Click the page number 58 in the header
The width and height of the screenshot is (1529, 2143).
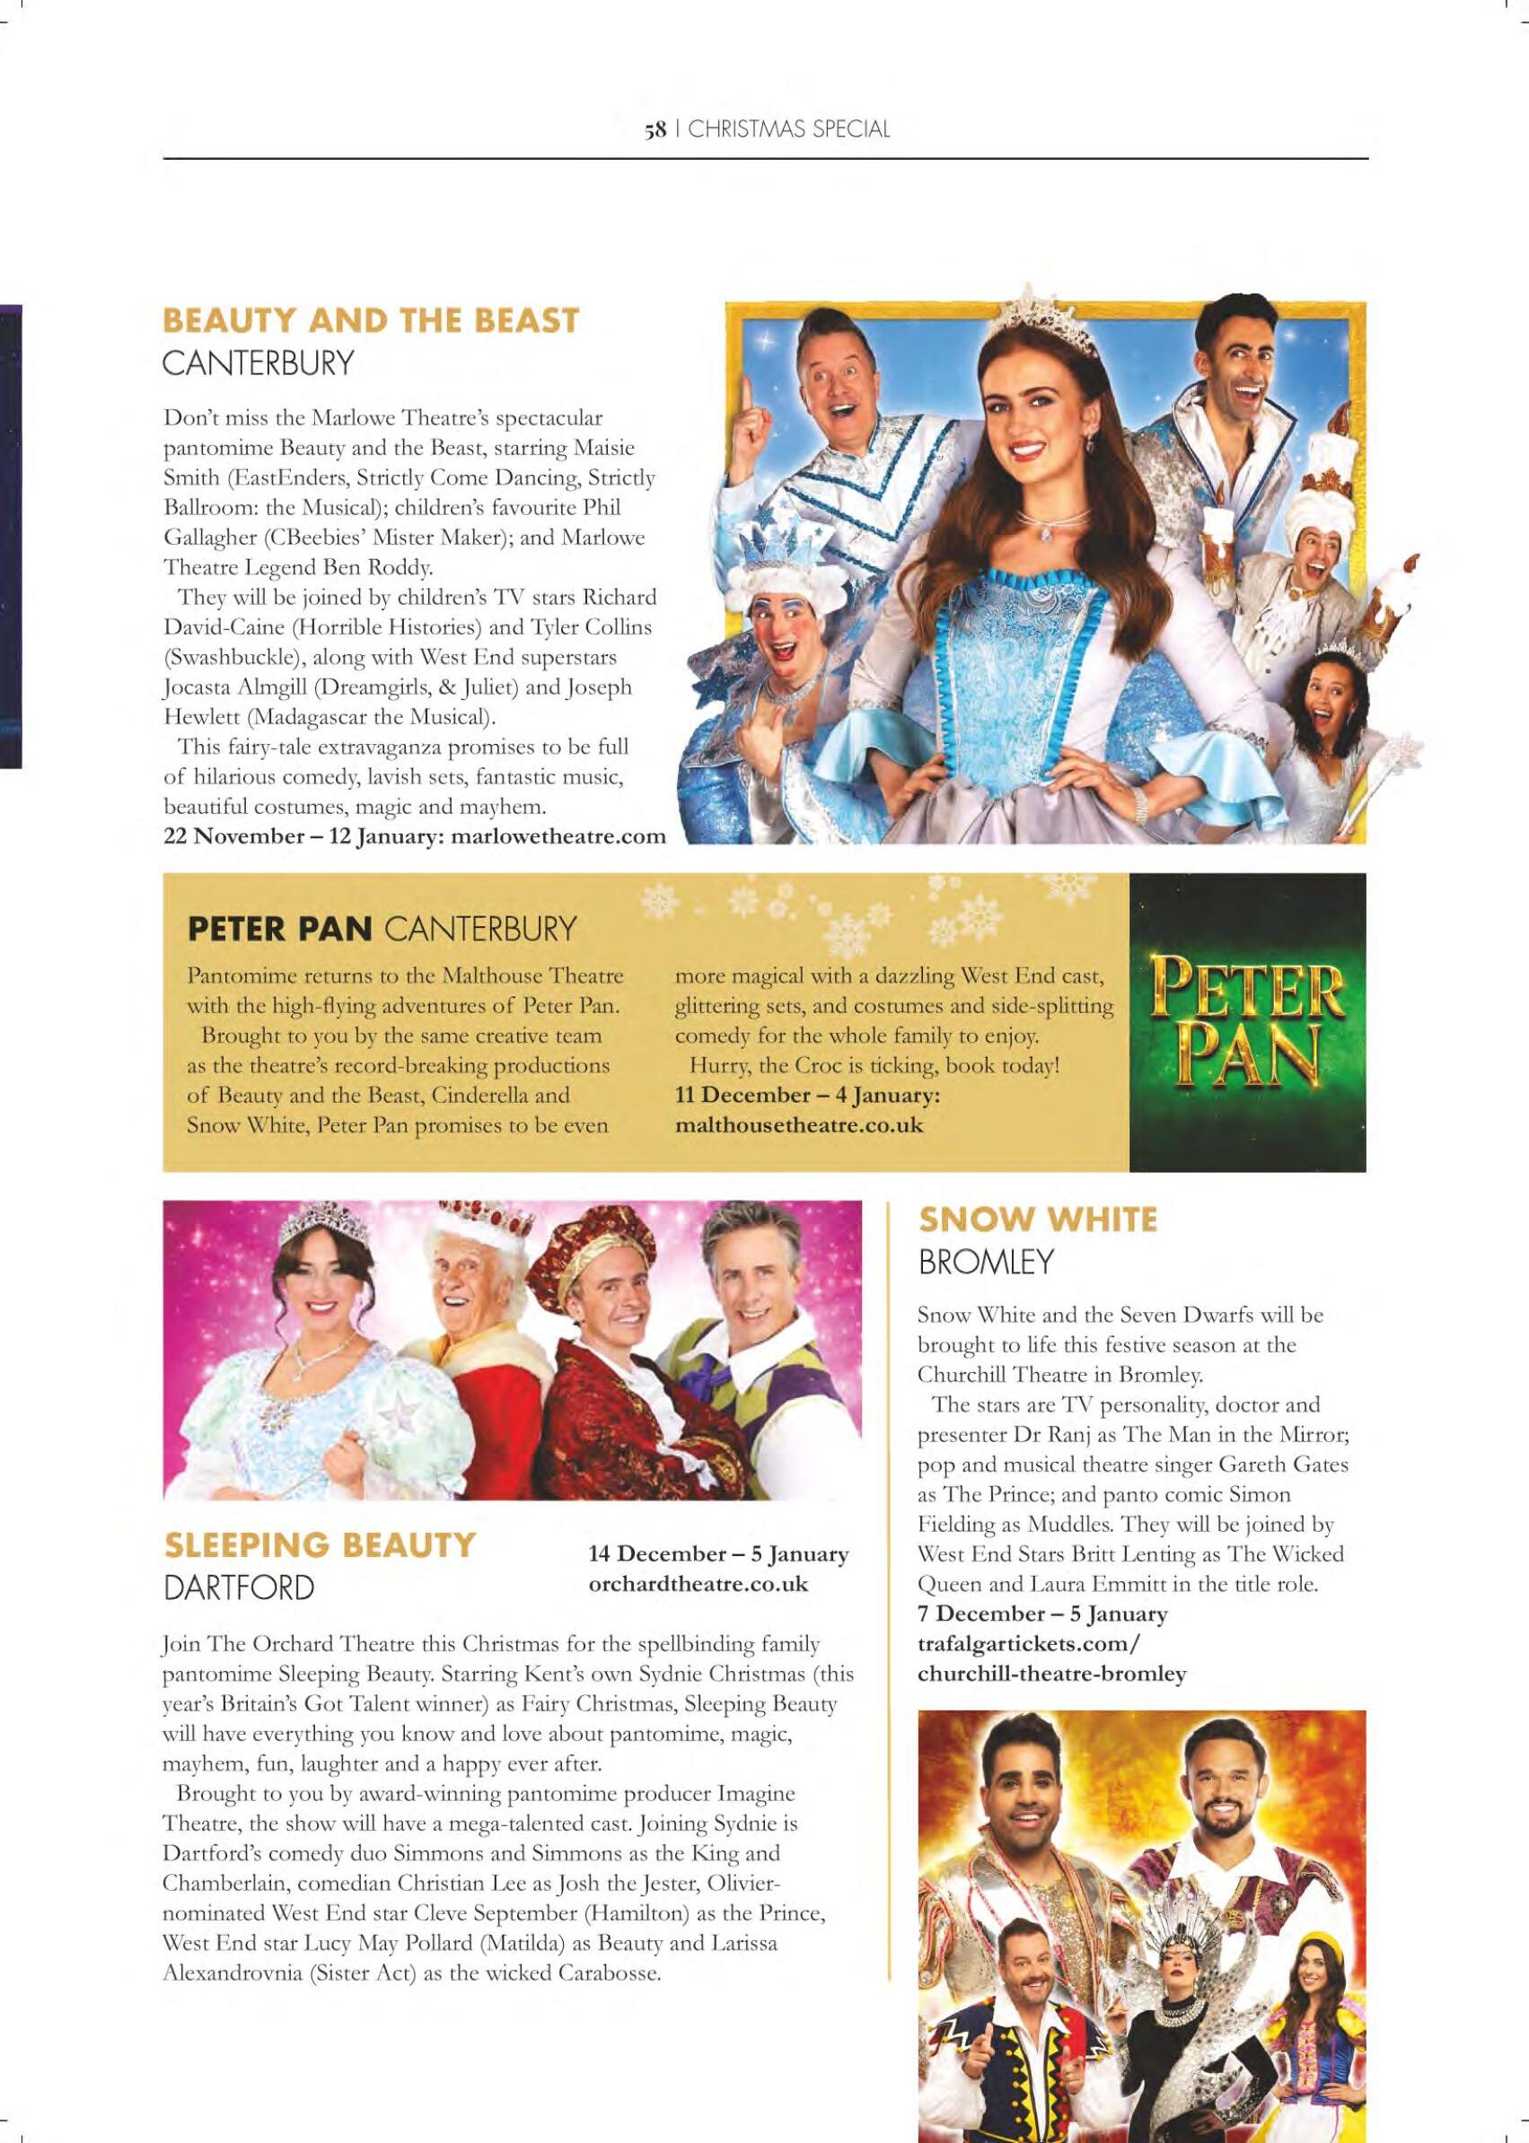pyautogui.click(x=655, y=131)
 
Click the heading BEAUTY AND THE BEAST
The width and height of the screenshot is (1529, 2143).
pyautogui.click(x=370, y=321)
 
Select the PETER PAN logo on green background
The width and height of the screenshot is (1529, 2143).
pyautogui.click(x=1247, y=1022)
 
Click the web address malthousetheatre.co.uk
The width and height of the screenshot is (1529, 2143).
pyautogui.click(x=800, y=1124)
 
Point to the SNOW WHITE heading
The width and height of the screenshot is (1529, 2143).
pyautogui.click(x=1038, y=1220)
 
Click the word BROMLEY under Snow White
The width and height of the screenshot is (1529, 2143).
pyautogui.click(x=984, y=1263)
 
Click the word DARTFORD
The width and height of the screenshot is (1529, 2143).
pyautogui.click(x=238, y=1588)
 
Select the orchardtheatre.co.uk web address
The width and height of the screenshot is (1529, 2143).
pyautogui.click(x=698, y=1583)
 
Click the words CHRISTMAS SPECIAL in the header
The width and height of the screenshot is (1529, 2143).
pyautogui.click(x=789, y=131)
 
